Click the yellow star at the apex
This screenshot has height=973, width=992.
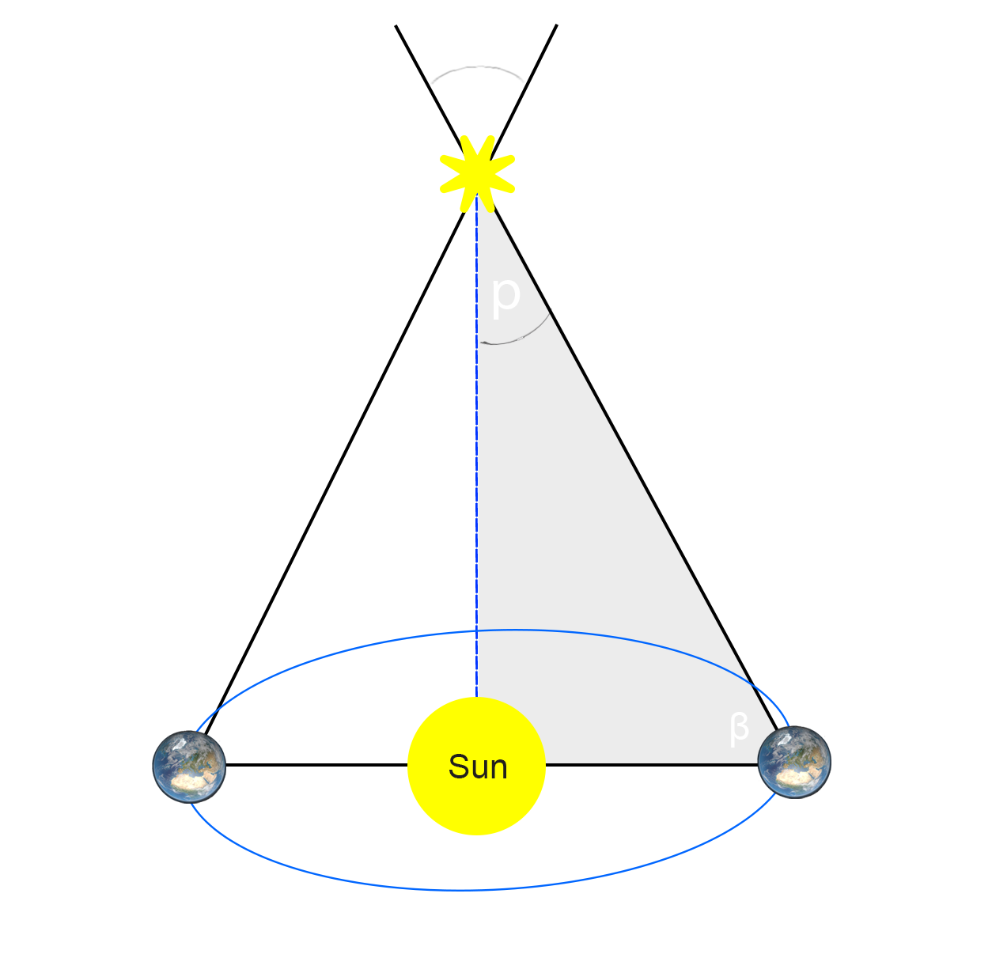point(477,173)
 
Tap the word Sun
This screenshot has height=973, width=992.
point(478,767)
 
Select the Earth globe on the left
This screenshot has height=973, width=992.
point(189,767)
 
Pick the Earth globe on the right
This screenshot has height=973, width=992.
point(794,762)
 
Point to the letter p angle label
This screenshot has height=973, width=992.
point(505,296)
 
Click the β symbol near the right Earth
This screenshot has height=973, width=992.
point(739,729)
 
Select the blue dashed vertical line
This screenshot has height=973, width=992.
point(477,446)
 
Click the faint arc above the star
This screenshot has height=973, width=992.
point(479,66)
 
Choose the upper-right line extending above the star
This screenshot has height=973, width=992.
point(523,89)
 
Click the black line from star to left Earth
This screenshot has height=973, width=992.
point(335,471)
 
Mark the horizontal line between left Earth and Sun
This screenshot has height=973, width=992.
point(316,765)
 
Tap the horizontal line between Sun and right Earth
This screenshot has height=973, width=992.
point(652,765)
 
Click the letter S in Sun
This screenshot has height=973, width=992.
point(457,767)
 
